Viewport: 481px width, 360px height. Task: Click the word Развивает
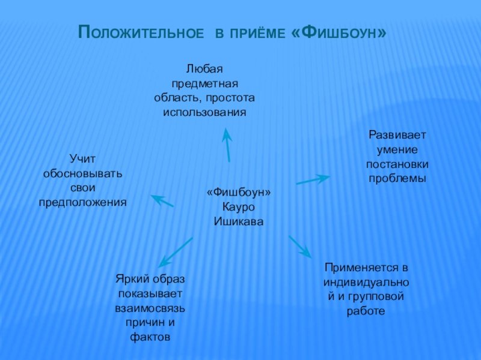click(397, 135)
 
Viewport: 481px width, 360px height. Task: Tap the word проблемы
click(397, 178)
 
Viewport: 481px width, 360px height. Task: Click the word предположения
click(83, 202)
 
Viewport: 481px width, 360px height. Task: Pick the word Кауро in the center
click(239, 207)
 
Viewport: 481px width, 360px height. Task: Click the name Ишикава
click(239, 221)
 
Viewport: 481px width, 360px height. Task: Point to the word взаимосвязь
click(150, 308)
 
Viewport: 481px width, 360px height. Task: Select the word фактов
click(150, 337)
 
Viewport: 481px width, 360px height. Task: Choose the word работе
click(366, 311)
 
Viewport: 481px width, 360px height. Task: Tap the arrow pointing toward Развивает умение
click(313, 179)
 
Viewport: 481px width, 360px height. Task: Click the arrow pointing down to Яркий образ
click(176, 251)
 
